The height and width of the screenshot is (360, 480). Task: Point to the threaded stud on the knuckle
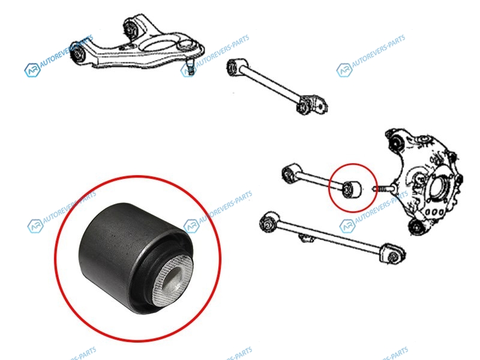(x=383, y=188)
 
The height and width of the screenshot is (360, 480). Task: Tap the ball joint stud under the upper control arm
(x=190, y=68)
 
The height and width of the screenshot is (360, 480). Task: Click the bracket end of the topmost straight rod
(x=311, y=105)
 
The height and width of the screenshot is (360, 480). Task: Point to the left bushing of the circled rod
(x=291, y=173)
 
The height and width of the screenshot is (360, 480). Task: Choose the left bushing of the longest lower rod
(x=269, y=221)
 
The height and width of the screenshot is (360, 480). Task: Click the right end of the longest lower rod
(x=392, y=253)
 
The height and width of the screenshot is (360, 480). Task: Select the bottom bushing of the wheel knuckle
(x=417, y=227)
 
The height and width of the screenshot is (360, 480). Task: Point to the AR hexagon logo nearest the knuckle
(x=347, y=226)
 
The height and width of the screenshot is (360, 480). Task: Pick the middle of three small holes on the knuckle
(x=434, y=212)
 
